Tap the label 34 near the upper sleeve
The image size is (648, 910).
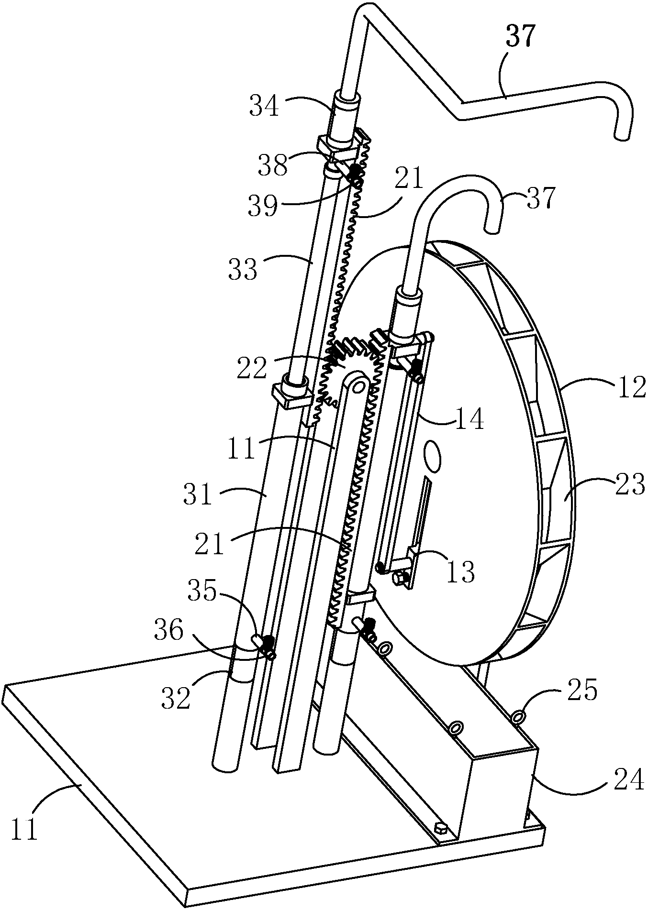click(264, 106)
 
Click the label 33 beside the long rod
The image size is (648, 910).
click(242, 269)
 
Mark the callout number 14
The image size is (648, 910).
click(469, 419)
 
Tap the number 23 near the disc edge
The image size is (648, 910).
click(630, 486)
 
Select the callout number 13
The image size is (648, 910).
click(460, 572)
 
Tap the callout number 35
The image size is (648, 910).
click(202, 593)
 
